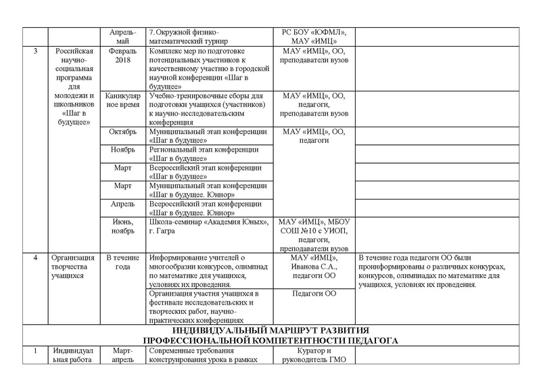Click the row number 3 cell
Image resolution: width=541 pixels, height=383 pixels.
tap(34, 51)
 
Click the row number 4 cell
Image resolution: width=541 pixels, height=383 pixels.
tap(34, 258)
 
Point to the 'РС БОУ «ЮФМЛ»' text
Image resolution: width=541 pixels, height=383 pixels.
tap(313, 32)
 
